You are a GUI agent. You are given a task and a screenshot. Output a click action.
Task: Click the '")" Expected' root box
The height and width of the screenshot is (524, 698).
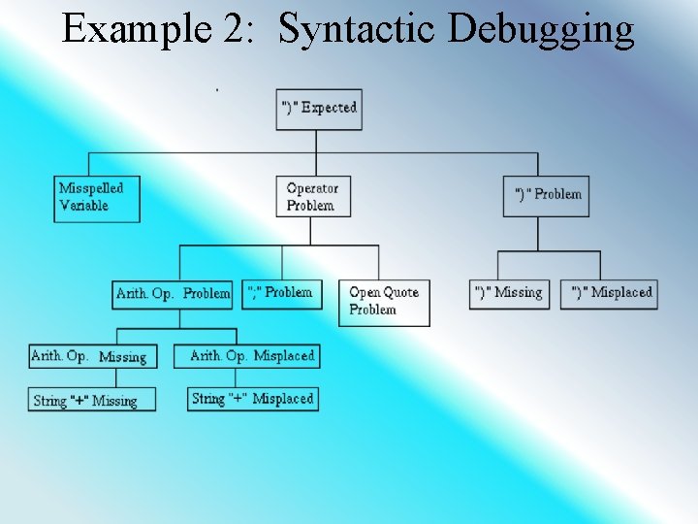pyautogui.click(x=318, y=108)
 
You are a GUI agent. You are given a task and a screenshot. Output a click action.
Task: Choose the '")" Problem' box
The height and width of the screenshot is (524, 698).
pyautogui.click(x=548, y=195)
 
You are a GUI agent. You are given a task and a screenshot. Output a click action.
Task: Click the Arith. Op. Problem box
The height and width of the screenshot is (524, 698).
pyautogui.click(x=173, y=293)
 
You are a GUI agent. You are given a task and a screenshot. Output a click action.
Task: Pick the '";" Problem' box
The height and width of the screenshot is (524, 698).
pyautogui.click(x=282, y=292)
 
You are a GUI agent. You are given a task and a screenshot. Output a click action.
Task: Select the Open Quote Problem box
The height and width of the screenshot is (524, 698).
pyautogui.click(x=383, y=302)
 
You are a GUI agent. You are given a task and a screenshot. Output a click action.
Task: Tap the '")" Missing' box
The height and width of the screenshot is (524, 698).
pyautogui.click(x=509, y=293)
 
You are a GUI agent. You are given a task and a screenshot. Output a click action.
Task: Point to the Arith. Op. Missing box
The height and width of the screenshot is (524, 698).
pyautogui.click(x=90, y=356)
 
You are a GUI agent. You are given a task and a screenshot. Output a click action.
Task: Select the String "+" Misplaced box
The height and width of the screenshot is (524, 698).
pyautogui.click(x=252, y=399)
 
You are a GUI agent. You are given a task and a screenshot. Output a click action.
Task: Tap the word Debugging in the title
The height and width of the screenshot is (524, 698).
pyautogui.click(x=541, y=29)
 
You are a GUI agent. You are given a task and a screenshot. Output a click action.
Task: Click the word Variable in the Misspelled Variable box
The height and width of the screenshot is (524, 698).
pyautogui.click(x=84, y=206)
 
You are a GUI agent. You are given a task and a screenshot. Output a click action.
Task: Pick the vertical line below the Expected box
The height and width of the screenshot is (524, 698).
pyautogui.click(x=316, y=140)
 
